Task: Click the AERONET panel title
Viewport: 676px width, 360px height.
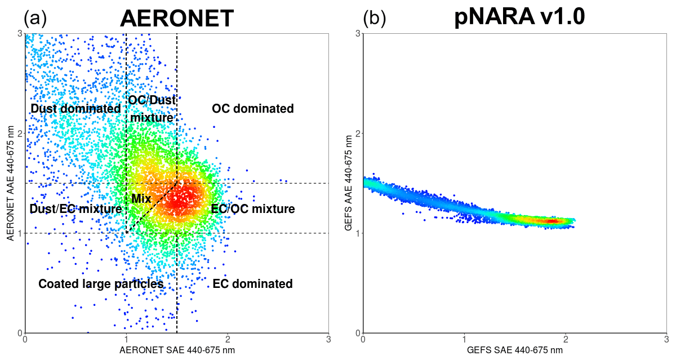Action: pyautogui.click(x=177, y=18)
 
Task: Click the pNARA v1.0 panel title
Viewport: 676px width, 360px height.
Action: pyautogui.click(x=519, y=18)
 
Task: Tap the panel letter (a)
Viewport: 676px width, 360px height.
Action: pyautogui.click(x=35, y=19)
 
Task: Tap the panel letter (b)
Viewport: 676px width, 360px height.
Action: pyautogui.click(x=374, y=19)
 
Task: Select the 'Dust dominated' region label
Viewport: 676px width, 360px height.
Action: pyautogui.click(x=75, y=108)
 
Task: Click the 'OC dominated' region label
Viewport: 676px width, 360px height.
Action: pyautogui.click(x=253, y=108)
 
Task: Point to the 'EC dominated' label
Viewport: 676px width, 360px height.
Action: pyautogui.click(x=252, y=284)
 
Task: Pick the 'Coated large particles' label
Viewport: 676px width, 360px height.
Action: pyautogui.click(x=101, y=284)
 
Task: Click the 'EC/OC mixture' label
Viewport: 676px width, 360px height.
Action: pyautogui.click(x=253, y=209)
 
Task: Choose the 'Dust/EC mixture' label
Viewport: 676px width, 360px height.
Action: pyautogui.click(x=75, y=209)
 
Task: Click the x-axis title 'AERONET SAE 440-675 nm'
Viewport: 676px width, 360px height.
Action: pyautogui.click(x=177, y=350)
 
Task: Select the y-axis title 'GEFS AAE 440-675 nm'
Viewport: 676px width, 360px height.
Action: pyautogui.click(x=350, y=183)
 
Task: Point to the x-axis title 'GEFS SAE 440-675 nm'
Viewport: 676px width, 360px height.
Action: pyautogui.click(x=515, y=350)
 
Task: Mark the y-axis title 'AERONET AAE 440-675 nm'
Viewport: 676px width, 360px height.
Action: pyautogui.click(x=11, y=183)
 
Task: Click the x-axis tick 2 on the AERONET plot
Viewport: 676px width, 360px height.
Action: pyautogui.click(x=228, y=340)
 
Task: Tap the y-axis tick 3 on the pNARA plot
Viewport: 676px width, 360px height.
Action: pyautogui.click(x=358, y=34)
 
